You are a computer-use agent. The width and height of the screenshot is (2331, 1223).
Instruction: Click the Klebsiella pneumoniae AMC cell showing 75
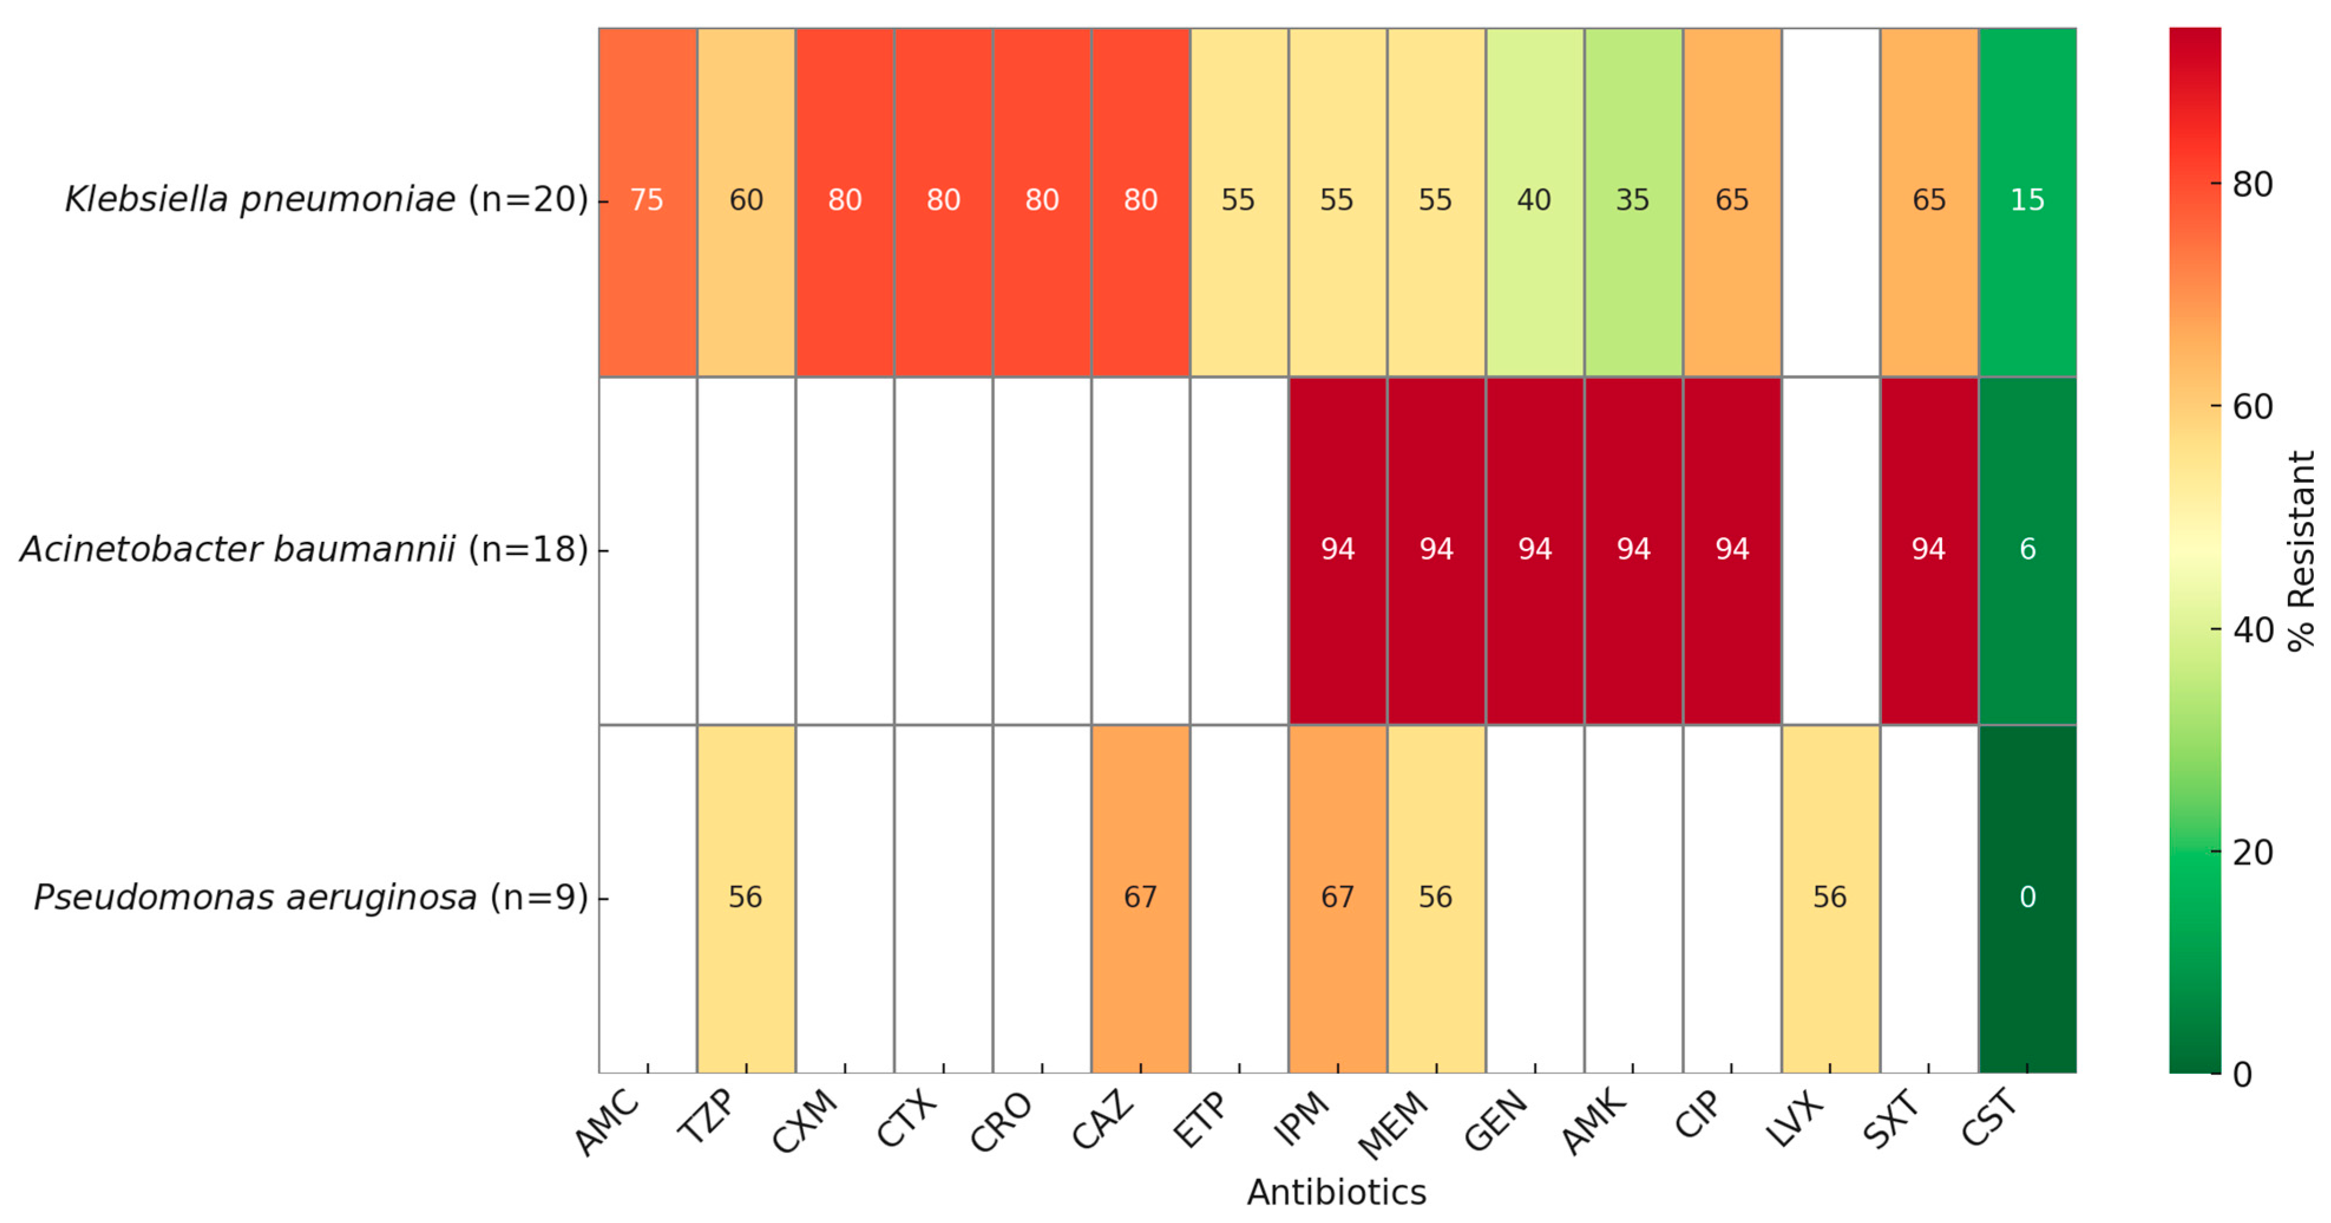(x=647, y=200)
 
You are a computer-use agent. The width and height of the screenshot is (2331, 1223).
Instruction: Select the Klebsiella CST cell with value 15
(x=2027, y=200)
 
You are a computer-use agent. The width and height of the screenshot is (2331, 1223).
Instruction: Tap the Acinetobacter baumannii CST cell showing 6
(x=2027, y=550)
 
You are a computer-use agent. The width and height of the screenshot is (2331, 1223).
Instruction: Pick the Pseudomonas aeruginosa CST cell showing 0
(x=2027, y=898)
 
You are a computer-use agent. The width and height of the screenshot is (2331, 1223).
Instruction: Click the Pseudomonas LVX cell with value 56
(x=1830, y=898)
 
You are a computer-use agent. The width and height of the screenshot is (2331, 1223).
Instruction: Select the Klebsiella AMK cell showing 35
(x=1633, y=200)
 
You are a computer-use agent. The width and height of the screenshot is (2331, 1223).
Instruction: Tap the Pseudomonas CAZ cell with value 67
(x=1140, y=898)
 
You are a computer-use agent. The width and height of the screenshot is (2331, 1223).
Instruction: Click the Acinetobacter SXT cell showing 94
(x=1928, y=550)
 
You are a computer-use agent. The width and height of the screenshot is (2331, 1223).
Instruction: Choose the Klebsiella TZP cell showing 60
(x=746, y=200)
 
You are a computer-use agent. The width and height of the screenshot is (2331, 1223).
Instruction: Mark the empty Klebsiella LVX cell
(x=1830, y=200)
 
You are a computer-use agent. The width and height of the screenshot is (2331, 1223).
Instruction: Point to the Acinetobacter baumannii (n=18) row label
(x=304, y=550)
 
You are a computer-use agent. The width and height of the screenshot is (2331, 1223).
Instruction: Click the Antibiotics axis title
(x=1337, y=1193)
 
